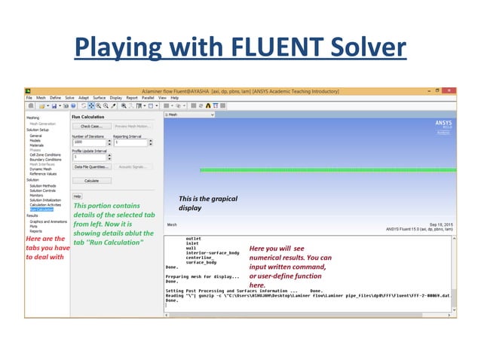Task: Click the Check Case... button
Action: pos(91,127)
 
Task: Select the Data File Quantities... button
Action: pos(91,166)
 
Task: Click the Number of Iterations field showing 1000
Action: pos(88,141)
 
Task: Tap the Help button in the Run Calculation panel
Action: pos(77,197)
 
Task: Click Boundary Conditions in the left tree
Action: pos(45,160)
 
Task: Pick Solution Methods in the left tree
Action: pos(43,185)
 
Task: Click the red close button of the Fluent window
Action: pos(451,90)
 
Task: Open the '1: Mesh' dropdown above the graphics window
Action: pos(189,115)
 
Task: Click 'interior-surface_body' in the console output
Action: pos(213,252)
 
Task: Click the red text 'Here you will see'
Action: pos(276,249)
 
